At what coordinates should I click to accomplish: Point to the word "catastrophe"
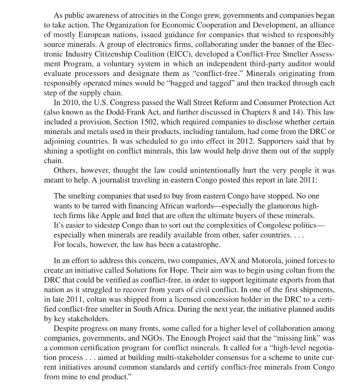(x=201, y=244)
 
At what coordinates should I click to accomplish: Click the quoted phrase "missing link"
(x=299, y=338)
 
